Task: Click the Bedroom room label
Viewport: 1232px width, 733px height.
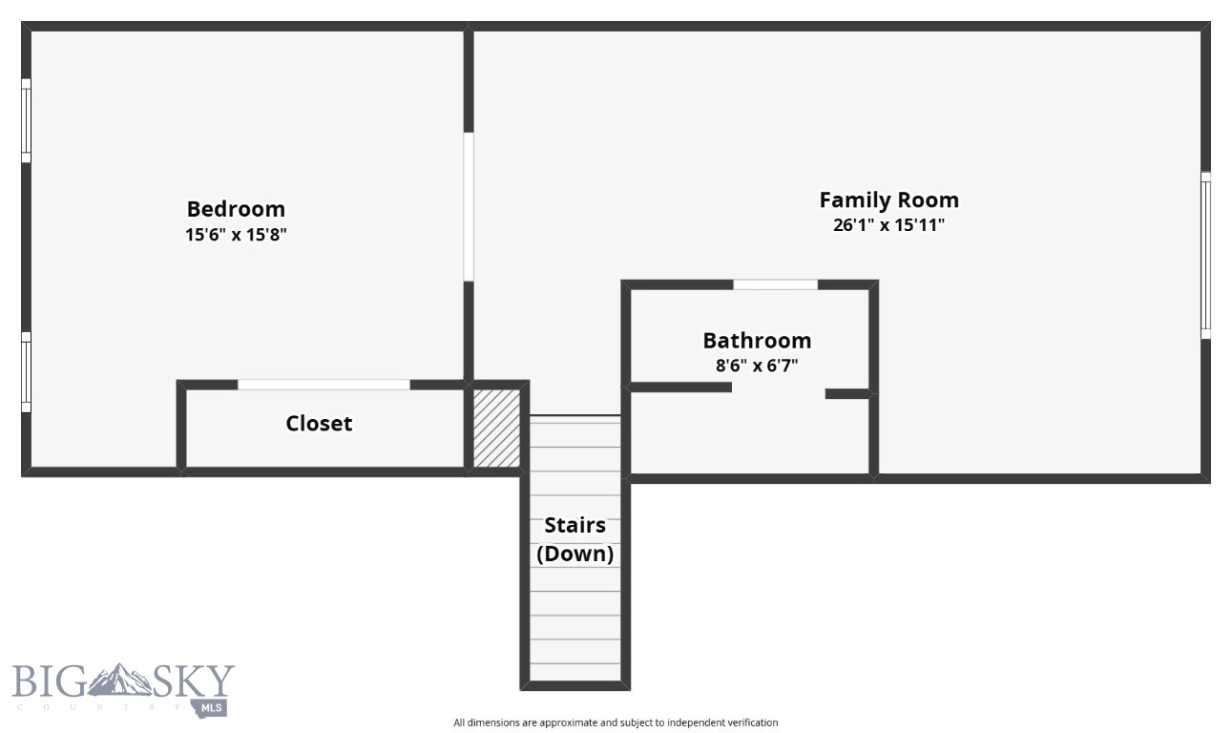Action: [236, 209]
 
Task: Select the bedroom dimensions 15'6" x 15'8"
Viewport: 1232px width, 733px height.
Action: [236, 235]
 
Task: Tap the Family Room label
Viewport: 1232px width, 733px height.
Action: [888, 200]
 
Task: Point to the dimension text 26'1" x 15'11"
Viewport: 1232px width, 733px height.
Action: [888, 225]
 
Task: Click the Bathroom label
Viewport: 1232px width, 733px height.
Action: [757, 341]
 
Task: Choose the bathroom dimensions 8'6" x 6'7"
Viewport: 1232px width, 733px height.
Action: [757, 365]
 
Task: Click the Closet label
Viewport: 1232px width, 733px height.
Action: [319, 424]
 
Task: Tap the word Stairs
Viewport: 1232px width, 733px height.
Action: [574, 526]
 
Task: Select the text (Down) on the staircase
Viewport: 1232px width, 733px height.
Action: [574, 554]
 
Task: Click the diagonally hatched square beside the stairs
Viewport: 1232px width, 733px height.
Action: [497, 428]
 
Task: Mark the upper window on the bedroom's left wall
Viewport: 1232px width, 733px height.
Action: [27, 121]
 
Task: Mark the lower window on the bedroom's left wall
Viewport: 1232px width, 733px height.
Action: [27, 372]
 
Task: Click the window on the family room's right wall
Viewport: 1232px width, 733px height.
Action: [1205, 255]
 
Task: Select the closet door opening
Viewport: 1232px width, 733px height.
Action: [324, 385]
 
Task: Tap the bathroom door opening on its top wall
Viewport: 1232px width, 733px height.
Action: [775, 284]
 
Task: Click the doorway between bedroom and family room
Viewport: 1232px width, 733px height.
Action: [469, 206]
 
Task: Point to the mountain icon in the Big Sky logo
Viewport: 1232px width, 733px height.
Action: [120, 680]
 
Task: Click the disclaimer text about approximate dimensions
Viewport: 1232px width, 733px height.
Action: [616, 723]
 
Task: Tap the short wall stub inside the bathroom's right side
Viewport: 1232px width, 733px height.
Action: [847, 393]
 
